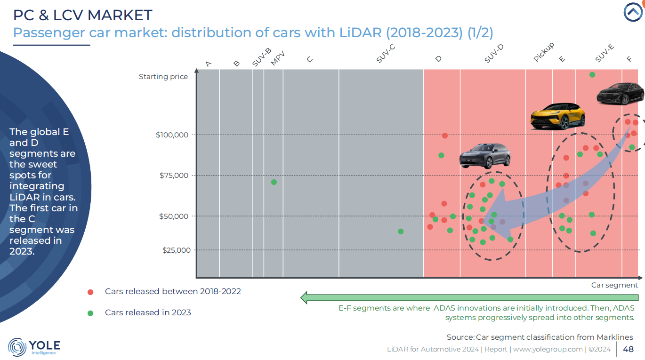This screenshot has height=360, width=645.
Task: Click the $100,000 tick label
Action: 172,135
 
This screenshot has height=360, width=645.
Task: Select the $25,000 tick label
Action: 177,250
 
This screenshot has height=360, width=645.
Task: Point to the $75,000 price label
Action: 174,176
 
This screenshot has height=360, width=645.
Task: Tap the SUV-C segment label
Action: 386,56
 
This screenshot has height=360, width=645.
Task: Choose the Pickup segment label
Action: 544,52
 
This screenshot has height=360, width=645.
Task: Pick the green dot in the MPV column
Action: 274,182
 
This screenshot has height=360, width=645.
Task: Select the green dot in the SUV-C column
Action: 401,232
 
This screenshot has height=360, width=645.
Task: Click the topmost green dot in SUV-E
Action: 592,75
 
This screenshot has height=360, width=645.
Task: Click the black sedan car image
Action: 620,94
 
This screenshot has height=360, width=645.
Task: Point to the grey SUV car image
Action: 485,155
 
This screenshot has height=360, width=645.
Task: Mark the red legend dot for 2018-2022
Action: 90,292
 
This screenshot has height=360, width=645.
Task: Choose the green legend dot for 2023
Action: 90,313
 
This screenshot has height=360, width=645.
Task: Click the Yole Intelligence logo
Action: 34,347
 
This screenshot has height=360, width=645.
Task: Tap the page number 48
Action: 628,349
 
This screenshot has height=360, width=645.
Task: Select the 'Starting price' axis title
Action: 163,77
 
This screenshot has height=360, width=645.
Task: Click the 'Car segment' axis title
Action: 614,285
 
